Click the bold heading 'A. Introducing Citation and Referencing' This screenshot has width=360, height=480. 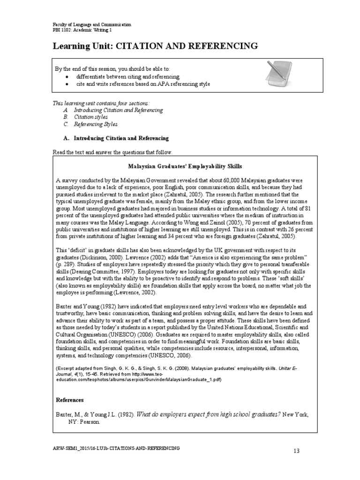coord(115,139)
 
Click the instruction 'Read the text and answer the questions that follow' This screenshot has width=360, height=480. coord(112,153)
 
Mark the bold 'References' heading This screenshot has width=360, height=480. coord(70,400)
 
